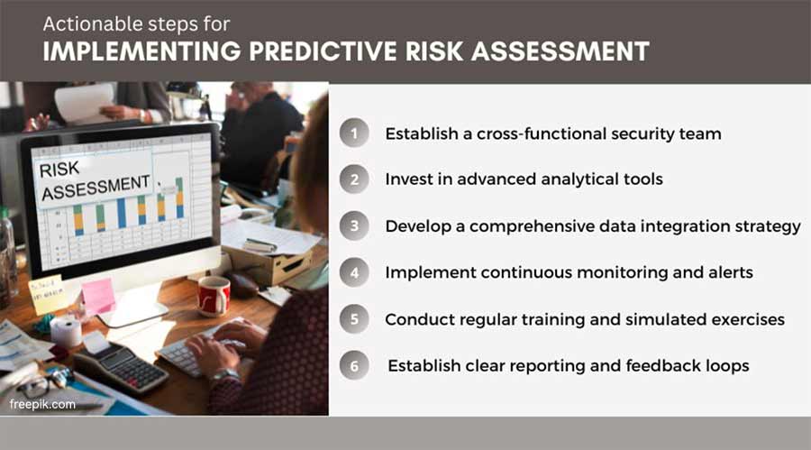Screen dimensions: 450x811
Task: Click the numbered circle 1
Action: pyautogui.click(x=354, y=133)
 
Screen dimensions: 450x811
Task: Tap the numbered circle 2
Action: pyautogui.click(x=354, y=179)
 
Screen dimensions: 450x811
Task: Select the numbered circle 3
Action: pyautogui.click(x=354, y=226)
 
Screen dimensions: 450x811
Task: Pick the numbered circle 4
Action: pyautogui.click(x=354, y=272)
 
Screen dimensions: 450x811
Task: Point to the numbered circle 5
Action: pyautogui.click(x=354, y=319)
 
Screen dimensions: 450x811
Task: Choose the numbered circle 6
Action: pyautogui.click(x=354, y=366)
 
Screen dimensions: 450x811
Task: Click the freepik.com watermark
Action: pyautogui.click(x=42, y=404)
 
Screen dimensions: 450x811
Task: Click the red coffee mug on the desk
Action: pyautogui.click(x=214, y=295)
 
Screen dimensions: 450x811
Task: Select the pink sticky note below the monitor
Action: pyautogui.click(x=98, y=295)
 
